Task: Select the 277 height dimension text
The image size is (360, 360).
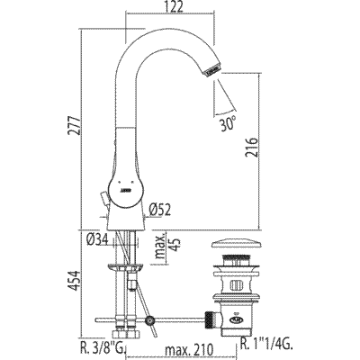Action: click(75, 125)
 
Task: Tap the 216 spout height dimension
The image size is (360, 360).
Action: click(251, 148)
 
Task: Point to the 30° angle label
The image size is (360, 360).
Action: click(228, 123)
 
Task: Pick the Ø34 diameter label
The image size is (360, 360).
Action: click(97, 239)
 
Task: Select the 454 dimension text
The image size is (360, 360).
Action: click(74, 281)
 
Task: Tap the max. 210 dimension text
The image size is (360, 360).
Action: click(191, 349)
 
